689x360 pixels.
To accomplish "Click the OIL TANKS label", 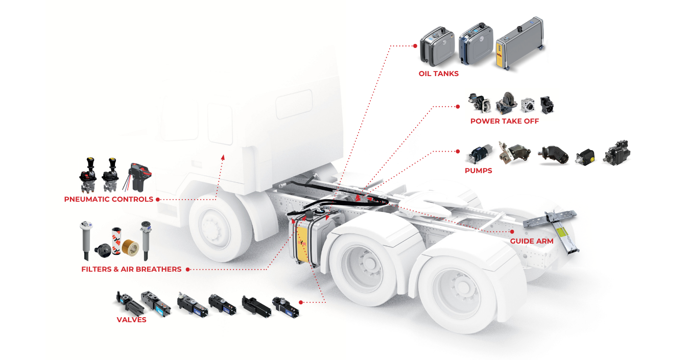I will [x=438, y=74].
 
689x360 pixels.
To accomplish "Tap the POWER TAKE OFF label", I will [x=504, y=122].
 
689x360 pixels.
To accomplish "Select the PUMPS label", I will [x=478, y=171].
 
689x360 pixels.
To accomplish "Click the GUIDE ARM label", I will [x=531, y=241].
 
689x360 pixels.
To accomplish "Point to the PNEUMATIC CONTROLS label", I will [x=108, y=199].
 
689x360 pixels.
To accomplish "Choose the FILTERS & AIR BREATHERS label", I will [x=131, y=269].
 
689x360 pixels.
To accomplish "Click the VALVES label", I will [x=131, y=320].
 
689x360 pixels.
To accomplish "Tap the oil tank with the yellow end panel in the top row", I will [x=519, y=46].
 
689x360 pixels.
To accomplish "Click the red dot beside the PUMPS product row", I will [x=458, y=151].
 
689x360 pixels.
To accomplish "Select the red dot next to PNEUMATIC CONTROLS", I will [x=158, y=199].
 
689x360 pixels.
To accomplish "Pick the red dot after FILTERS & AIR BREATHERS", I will [x=187, y=269].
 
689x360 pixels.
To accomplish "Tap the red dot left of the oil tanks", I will [x=415, y=46].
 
